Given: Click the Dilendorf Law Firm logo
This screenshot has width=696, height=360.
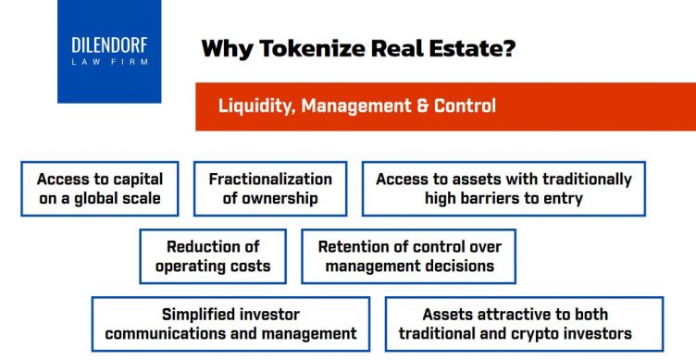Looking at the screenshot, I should pos(109,51).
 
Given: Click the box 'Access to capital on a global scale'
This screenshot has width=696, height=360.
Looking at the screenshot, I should pos(99,189).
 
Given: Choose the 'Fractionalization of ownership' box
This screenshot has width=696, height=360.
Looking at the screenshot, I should pos(270,189).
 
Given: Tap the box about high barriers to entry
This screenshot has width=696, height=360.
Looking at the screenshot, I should pos(503,189).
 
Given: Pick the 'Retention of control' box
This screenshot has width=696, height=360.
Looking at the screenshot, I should pos(408,256).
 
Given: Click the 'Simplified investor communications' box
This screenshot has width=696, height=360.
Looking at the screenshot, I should pos(230,324).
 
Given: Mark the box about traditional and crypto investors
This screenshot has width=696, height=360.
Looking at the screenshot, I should pos(524,324).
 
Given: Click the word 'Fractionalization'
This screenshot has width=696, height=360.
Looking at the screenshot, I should pos(270,180).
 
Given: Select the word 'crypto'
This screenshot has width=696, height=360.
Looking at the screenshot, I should pos(548,333).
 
